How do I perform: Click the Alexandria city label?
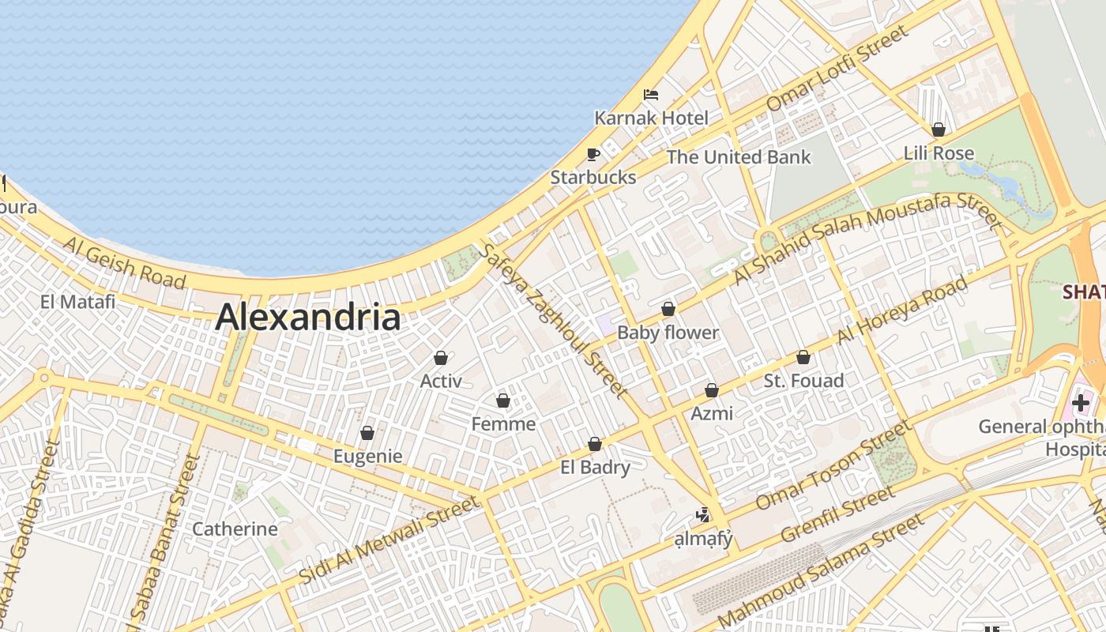307,318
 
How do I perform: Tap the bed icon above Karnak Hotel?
651,95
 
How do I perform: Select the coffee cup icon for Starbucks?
593,154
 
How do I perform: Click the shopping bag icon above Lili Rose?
939,130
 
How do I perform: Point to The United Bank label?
738,156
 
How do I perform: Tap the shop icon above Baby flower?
668,309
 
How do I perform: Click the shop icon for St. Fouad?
803,358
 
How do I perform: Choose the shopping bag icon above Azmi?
712,390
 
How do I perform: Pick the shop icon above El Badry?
595,445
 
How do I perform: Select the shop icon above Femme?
503,401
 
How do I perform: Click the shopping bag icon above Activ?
441,359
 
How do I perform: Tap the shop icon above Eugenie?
367,434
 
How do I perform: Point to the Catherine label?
235,529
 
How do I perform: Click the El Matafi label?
77,301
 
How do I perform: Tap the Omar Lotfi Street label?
838,68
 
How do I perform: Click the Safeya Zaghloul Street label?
553,320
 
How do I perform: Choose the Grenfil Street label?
838,514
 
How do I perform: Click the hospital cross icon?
1080,403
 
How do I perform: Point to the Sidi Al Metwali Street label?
389,540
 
